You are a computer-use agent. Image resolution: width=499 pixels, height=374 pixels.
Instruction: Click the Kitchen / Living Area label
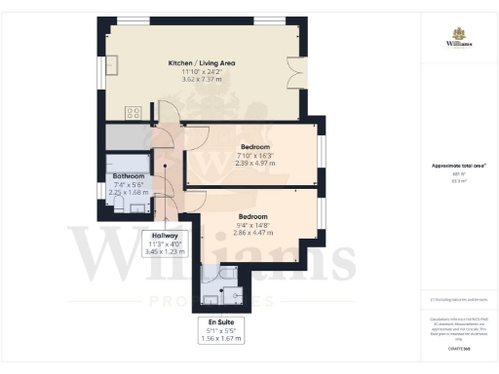point(201,63)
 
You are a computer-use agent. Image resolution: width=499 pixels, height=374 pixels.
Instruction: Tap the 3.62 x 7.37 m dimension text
point(201,81)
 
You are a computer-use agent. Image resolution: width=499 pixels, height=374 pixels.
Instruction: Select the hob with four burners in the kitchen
point(134,113)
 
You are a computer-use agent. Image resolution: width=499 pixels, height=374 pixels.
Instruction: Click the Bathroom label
point(129,175)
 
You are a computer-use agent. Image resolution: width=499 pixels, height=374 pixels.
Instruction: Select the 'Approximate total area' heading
point(457,166)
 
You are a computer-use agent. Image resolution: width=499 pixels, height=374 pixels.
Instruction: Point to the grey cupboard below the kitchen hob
point(127,136)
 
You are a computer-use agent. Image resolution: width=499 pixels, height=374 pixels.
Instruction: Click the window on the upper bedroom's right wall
point(320,151)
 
